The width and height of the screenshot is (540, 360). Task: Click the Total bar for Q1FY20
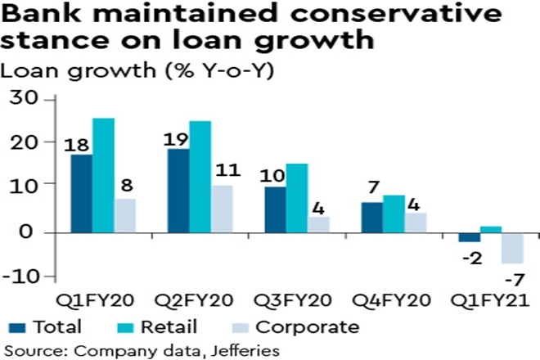[x=81, y=193]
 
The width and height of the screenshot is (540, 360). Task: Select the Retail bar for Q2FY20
[x=200, y=176]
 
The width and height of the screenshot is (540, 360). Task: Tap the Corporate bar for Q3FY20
[x=319, y=224]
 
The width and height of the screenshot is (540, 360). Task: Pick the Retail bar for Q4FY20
[x=394, y=214]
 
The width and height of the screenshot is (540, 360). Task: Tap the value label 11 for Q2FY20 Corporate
[x=226, y=173]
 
